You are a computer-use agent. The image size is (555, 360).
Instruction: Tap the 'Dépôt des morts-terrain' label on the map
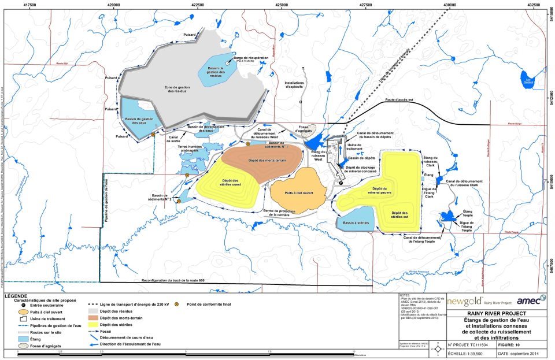click(x=260, y=160)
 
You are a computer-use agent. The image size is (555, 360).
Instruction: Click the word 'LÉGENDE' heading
click(x=16, y=296)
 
